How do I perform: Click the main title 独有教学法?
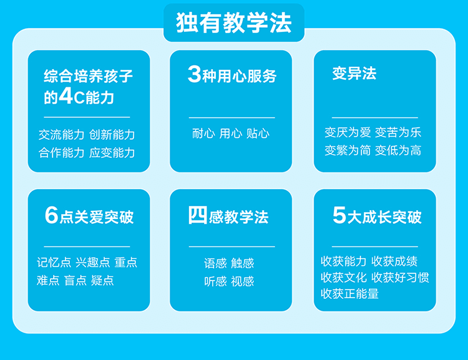tap(234, 22)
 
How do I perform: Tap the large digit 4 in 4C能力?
tap(66, 96)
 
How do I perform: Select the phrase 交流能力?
tap(62, 135)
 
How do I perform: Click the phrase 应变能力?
tap(112, 152)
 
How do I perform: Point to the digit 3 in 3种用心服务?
tap(195, 74)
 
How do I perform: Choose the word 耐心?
tap(203, 133)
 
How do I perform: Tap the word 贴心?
tap(258, 133)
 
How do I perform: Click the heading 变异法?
tap(354, 73)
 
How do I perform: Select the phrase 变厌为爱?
tap(348, 132)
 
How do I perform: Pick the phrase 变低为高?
tap(398, 150)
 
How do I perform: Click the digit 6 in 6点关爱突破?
tap(51, 215)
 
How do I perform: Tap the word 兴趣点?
tap(93, 263)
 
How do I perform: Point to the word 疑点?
tap(102, 280)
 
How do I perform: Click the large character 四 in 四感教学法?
tap(198, 215)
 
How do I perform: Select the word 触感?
tap(242, 263)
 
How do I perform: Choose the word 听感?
tap(215, 281)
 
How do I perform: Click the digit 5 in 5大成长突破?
tap(339, 215)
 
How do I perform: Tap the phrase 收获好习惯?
tap(400, 277)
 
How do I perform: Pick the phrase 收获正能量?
tap(349, 294)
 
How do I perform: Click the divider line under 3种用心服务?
tap(232, 118)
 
